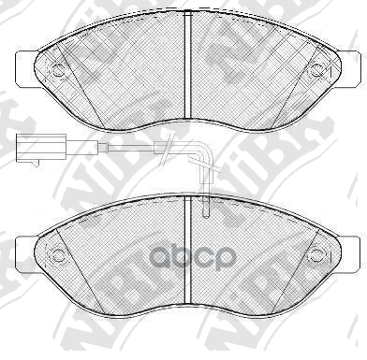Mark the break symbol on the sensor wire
point(167,147)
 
